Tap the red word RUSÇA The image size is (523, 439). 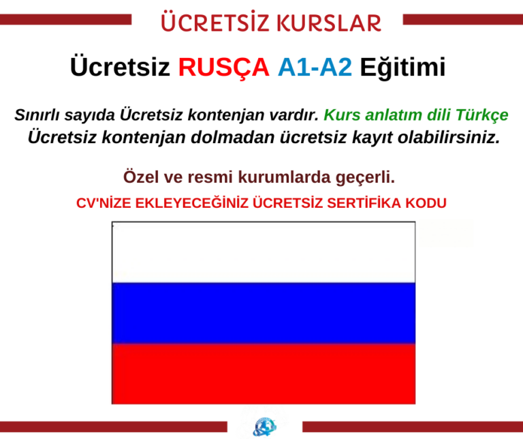tap(223, 67)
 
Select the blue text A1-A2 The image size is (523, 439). tap(315, 67)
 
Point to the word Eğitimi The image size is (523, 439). tap(402, 67)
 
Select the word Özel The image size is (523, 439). tap(142, 178)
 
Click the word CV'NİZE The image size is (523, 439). tap(103, 203)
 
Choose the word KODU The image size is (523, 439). tap(429, 203)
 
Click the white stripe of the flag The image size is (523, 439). tap(263, 252)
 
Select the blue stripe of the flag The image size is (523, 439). tap(263, 313)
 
